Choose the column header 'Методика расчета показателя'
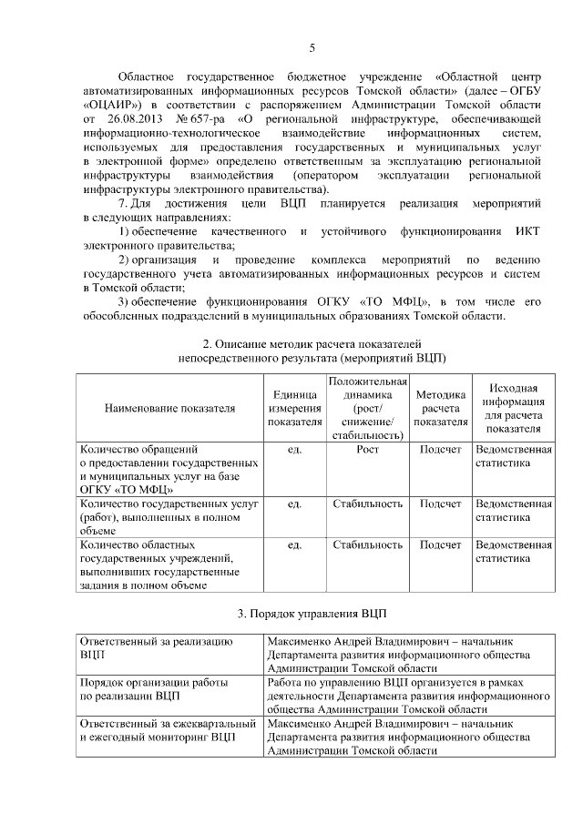coord(441,408)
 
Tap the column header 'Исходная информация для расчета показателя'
coord(513,408)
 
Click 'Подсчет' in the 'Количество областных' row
coord(441,544)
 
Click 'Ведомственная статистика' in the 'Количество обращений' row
coord(513,456)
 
